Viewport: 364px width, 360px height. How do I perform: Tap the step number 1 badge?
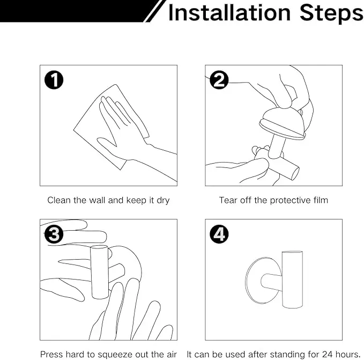pos(54,80)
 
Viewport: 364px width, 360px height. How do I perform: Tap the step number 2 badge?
pos(219,80)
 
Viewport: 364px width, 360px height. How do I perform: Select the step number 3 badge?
pos(54,234)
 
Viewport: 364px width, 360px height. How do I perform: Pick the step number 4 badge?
pos(219,234)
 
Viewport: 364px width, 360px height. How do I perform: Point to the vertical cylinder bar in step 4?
pos(293,280)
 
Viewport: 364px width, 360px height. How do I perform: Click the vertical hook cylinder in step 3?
pos(100,271)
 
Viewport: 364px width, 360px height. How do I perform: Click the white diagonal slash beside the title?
pos(154,11)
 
